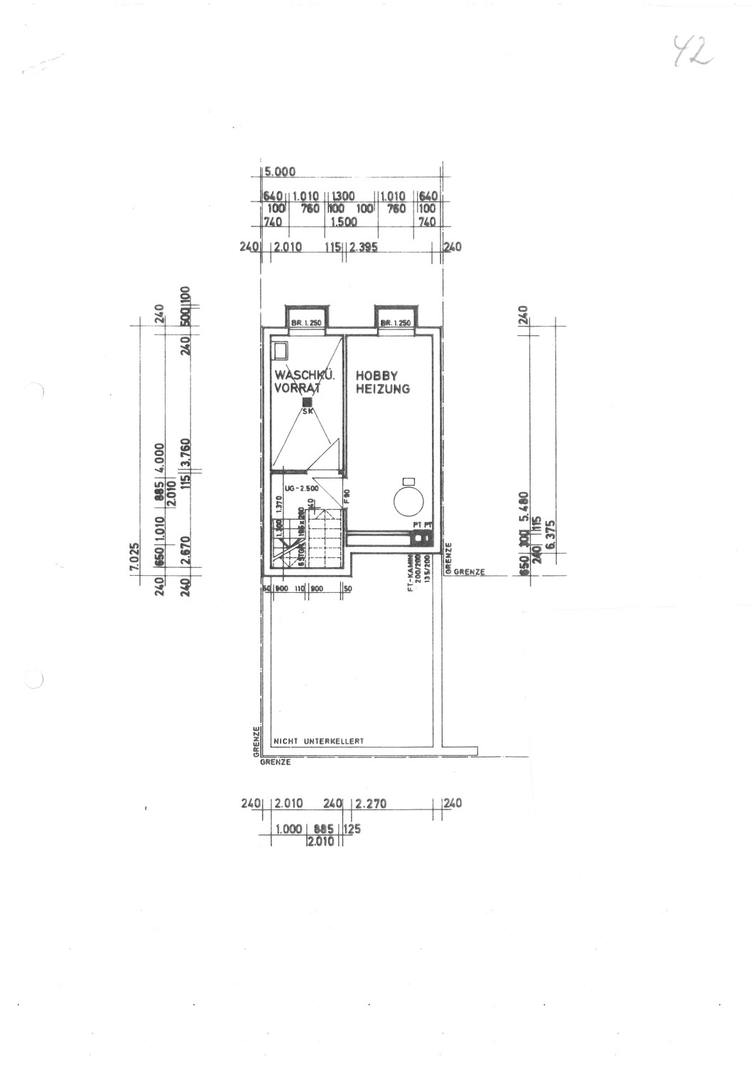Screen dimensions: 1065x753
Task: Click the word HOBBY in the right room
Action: (x=376, y=376)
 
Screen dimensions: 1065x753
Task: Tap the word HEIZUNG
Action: (x=383, y=389)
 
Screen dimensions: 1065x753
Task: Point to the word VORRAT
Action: (x=298, y=389)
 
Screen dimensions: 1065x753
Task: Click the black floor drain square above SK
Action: (x=307, y=402)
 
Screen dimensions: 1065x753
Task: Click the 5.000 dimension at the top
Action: (x=280, y=172)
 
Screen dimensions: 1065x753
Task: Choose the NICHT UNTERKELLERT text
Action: (x=318, y=741)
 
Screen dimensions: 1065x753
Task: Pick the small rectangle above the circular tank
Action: (x=408, y=479)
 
